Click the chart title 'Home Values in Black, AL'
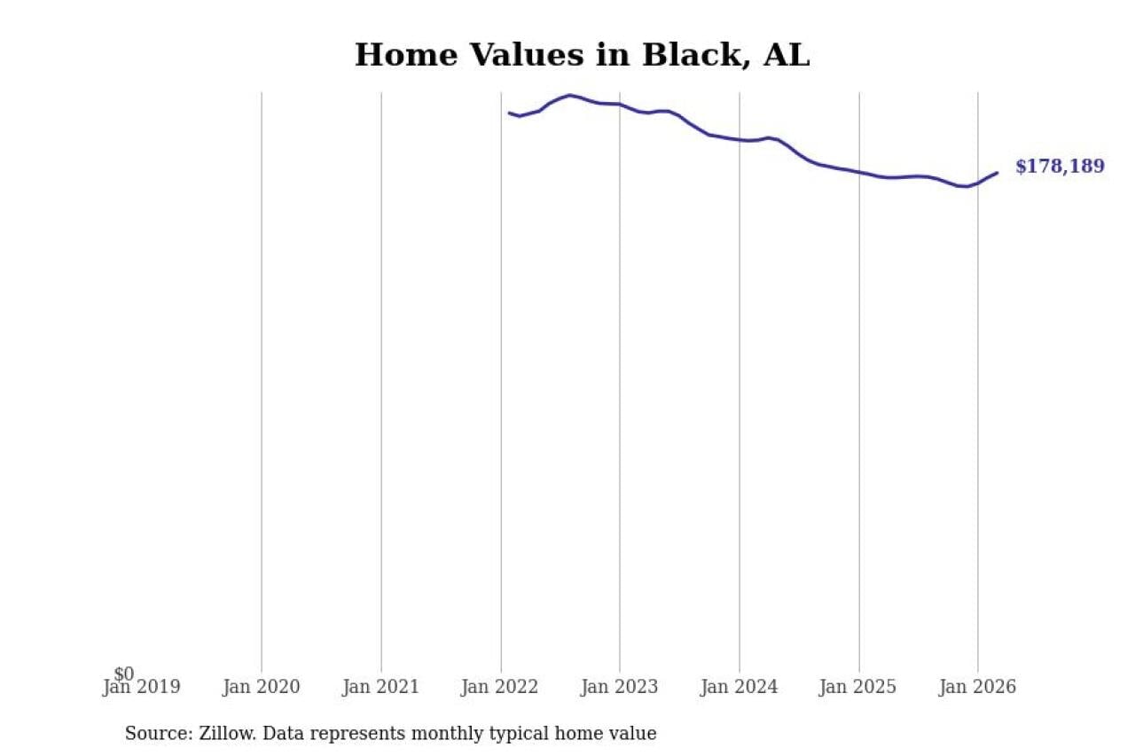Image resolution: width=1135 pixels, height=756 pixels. (x=582, y=55)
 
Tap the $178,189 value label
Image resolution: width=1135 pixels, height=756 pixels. (x=1060, y=167)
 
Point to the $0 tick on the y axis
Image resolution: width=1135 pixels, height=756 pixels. (x=124, y=674)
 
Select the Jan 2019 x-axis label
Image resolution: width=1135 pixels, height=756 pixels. (x=142, y=687)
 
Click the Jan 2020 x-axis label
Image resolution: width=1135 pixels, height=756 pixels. (x=262, y=687)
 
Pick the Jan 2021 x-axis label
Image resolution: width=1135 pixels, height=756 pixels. (x=381, y=687)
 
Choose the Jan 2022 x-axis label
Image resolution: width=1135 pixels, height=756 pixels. (x=500, y=687)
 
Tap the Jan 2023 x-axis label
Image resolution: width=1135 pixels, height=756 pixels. (x=620, y=687)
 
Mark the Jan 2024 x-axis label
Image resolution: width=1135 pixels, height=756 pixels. (x=740, y=687)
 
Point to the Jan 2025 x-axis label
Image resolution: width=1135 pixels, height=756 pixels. (x=858, y=687)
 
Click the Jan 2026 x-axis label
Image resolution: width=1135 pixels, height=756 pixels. (x=978, y=687)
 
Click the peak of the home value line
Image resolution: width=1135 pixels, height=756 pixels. (x=569, y=95)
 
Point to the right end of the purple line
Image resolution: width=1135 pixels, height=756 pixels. (x=998, y=173)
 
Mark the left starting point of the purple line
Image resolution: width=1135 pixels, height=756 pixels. (x=509, y=113)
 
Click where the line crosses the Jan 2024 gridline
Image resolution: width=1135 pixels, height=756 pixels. (x=740, y=139)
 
